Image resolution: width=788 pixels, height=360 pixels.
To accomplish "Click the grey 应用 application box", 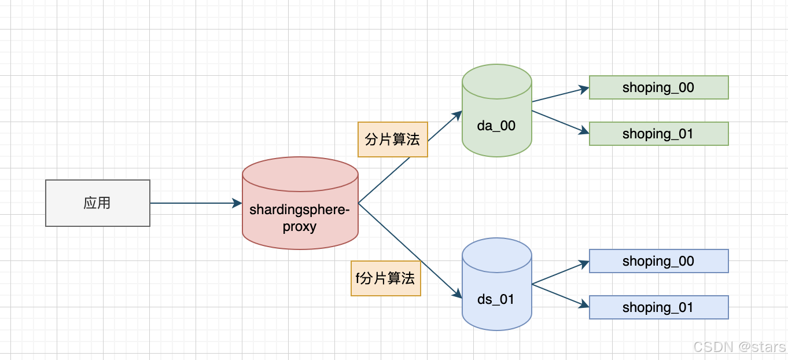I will click(x=97, y=203).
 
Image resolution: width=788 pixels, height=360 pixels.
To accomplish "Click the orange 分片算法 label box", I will click(x=393, y=139).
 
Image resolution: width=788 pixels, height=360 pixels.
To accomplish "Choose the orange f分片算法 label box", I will click(x=386, y=278).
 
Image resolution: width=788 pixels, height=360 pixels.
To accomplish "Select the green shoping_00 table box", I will click(x=658, y=87).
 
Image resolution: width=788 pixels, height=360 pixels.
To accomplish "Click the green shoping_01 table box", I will click(x=658, y=134).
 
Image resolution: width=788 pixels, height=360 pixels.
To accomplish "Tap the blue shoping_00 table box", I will click(x=658, y=261).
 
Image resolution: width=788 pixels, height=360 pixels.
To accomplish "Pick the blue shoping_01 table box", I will click(x=658, y=307).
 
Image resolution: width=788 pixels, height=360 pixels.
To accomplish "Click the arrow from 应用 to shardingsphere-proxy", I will click(x=196, y=203).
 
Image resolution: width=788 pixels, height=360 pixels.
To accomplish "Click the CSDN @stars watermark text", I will click(x=739, y=347).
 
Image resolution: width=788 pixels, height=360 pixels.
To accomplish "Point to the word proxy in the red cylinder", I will click(x=300, y=226).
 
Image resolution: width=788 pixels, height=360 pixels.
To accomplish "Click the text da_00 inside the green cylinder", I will click(x=496, y=126).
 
